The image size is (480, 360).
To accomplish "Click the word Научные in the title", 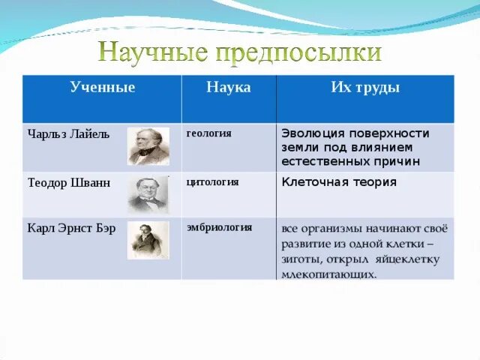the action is [153, 52].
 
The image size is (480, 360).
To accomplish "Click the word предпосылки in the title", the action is [299, 52].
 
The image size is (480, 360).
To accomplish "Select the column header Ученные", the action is [103, 87].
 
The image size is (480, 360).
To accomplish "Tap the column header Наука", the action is [229, 87].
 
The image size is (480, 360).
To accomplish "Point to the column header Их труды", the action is [365, 88].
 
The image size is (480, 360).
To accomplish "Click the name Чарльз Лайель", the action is [68, 134].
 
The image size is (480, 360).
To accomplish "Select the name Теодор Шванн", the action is [69, 183].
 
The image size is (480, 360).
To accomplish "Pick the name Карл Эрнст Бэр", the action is [72, 228].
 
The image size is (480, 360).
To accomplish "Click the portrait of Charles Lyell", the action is [148, 146].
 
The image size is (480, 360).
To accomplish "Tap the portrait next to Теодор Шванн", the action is [148, 195].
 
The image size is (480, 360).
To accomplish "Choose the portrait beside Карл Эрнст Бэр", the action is [148, 240].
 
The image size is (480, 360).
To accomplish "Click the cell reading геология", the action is [208, 133].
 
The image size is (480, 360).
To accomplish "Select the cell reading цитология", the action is [212, 182].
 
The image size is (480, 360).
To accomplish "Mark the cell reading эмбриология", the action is [220, 228].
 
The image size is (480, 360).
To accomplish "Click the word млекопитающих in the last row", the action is [328, 274].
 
